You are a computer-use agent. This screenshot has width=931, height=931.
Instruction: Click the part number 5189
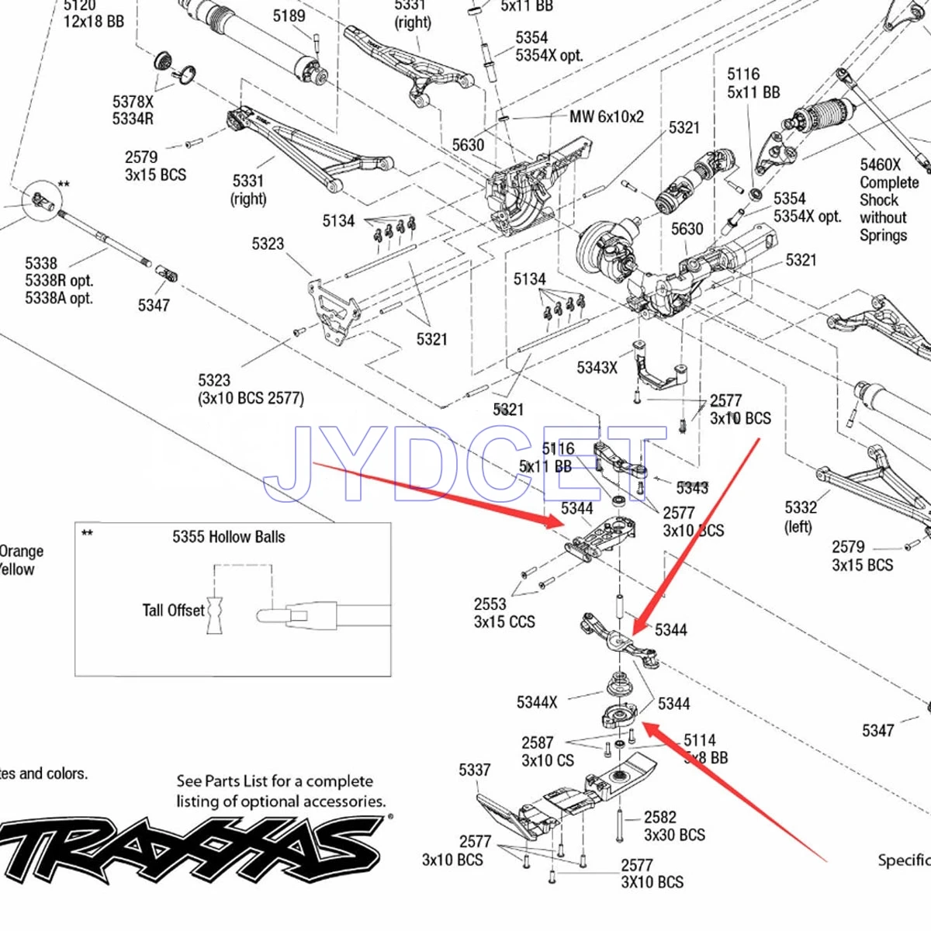coord(289,16)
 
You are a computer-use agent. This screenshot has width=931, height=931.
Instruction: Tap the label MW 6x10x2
coord(607,116)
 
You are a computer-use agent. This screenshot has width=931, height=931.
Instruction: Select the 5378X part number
coord(133,102)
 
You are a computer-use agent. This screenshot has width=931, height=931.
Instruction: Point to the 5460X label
coord(880,164)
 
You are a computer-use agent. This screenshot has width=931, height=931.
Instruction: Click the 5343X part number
coord(597,367)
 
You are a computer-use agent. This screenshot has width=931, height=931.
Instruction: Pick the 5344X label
coord(537,702)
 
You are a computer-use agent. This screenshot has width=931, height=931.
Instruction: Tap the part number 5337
coord(474,770)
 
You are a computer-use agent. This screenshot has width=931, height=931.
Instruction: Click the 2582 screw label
coord(659,817)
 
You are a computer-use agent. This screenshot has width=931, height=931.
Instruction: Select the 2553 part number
coord(490,604)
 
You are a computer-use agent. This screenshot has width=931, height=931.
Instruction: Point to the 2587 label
coord(537,742)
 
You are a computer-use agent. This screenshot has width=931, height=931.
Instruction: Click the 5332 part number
coord(801,507)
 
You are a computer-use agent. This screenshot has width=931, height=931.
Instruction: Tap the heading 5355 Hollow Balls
coord(228,537)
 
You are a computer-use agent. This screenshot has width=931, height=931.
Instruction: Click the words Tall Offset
coord(173,611)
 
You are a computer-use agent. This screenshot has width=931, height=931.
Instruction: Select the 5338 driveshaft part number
coord(40,263)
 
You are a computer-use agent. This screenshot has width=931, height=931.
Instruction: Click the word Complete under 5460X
coord(889,182)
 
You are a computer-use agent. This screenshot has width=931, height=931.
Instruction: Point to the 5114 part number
coord(699,740)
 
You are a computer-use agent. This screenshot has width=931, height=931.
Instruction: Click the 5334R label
coord(133,119)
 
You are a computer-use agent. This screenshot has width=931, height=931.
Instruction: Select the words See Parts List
coord(225,781)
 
